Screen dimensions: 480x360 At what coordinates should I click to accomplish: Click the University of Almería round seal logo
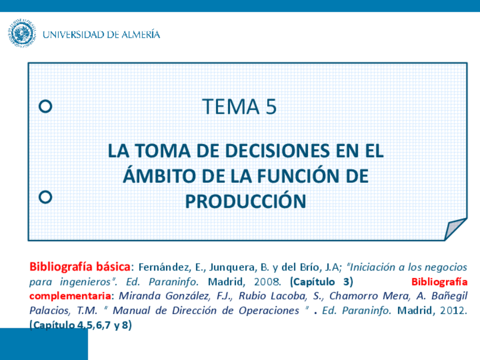[x=22, y=33]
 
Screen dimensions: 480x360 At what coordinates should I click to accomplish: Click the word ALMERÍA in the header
[x=141, y=34]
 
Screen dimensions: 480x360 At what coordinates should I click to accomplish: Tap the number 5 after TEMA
[x=271, y=107]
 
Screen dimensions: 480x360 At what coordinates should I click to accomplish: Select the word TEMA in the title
[x=231, y=107]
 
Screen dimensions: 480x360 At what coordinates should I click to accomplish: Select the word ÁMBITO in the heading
[x=159, y=175]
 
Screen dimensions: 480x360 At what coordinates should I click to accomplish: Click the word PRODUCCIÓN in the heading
[x=246, y=201]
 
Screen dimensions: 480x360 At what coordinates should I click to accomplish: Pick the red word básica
[x=113, y=267]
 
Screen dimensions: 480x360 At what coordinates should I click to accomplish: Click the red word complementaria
[x=70, y=296]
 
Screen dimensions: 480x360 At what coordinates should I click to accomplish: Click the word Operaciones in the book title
[x=269, y=311]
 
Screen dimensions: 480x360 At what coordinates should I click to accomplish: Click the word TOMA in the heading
[x=163, y=151]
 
